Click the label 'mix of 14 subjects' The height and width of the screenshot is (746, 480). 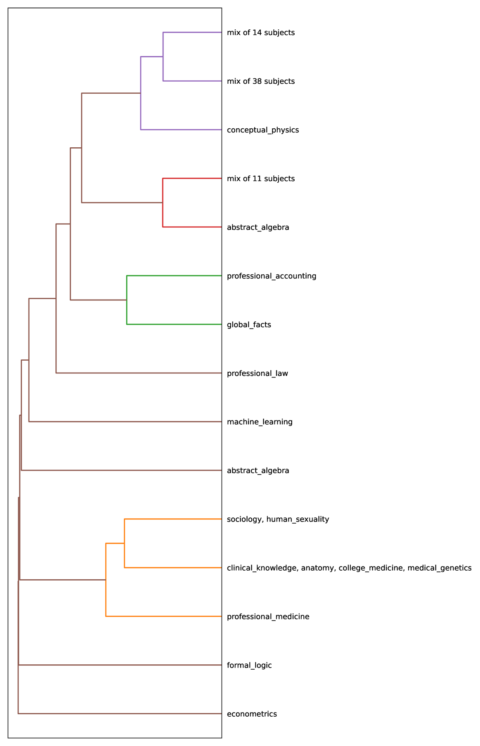click(260, 33)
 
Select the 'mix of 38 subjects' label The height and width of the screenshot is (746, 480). click(260, 81)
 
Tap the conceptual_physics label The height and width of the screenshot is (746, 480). click(262, 130)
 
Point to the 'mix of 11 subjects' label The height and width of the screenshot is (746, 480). click(260, 179)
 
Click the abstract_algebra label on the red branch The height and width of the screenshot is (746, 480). click(258, 227)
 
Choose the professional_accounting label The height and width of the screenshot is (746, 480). click(272, 276)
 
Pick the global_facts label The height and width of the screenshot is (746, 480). click(249, 325)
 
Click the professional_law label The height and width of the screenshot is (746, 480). click(257, 373)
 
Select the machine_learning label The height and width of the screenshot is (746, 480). click(260, 422)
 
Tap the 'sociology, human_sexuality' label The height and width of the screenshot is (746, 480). click(278, 519)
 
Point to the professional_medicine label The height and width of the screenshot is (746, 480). click(268, 617)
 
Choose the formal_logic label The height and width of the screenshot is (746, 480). click(249, 666)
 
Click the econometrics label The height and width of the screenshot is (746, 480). click(252, 714)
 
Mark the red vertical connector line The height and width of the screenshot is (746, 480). click(163, 203)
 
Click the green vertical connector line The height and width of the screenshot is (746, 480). click(127, 300)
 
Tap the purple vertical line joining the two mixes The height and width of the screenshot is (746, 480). click(163, 57)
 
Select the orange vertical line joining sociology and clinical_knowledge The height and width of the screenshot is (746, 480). click(124, 543)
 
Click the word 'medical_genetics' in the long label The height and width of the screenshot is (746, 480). click(440, 568)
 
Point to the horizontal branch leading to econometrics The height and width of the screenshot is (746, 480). click(120, 713)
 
